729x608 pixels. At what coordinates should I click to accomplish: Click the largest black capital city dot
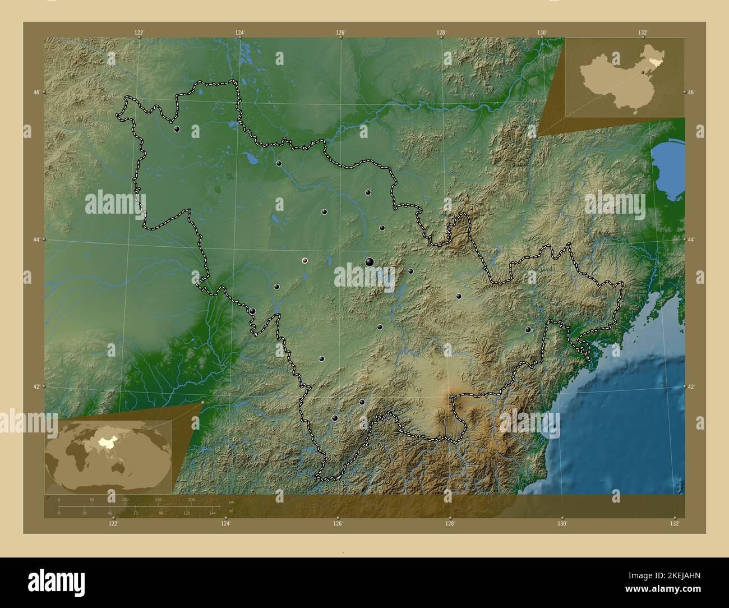369,261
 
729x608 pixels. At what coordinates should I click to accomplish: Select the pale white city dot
304,260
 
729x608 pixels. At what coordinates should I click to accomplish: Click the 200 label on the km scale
191,499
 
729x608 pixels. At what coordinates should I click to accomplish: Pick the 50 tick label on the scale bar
92,499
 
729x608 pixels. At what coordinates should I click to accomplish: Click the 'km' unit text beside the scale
232,501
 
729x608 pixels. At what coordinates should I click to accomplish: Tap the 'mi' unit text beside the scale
231,510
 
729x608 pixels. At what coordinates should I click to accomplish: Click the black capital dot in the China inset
643,72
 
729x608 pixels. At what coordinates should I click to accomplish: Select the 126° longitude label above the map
340,33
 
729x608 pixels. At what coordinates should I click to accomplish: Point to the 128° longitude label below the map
450,524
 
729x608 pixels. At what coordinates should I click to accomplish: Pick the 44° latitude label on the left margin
36,239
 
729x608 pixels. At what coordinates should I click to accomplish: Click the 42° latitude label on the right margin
691,387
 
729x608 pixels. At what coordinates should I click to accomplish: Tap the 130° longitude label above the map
542,33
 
